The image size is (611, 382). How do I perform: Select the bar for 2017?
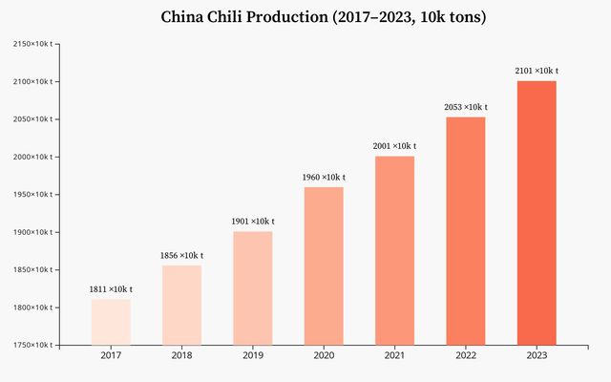click(111, 322)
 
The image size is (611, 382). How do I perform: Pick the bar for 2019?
click(252, 287)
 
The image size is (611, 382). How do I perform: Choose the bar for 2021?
click(394, 250)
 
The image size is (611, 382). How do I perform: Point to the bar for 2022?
click(465, 230)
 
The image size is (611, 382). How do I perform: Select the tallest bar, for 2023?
click(537, 212)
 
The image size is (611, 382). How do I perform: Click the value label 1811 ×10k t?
click(111, 289)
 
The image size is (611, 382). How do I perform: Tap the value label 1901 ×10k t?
click(252, 222)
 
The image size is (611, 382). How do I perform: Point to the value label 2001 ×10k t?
click(394, 146)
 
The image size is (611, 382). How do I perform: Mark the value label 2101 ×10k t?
click(537, 71)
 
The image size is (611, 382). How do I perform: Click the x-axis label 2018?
click(181, 356)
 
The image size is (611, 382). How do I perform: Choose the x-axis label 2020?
click(324, 356)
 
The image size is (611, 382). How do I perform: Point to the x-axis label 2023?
click(537, 356)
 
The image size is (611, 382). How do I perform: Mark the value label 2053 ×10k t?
click(465, 107)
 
